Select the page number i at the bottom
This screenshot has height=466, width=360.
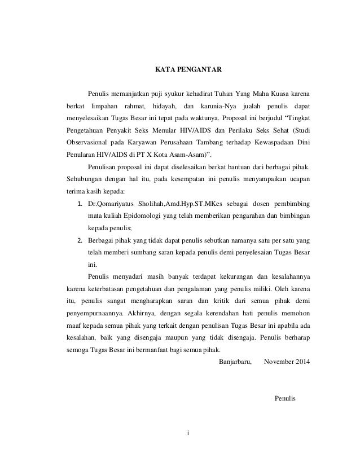[x=188, y=433]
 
